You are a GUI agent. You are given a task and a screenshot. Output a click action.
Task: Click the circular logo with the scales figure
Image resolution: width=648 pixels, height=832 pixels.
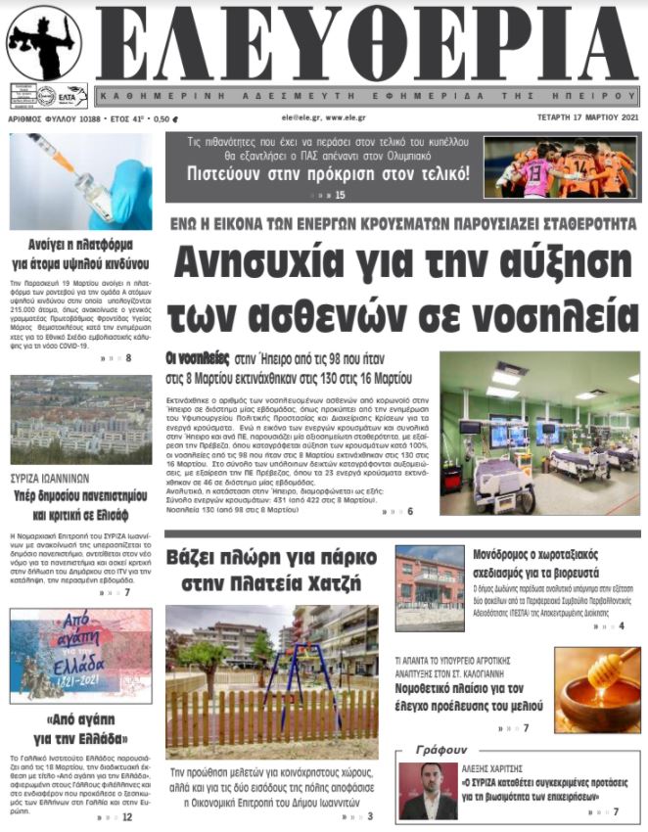44,44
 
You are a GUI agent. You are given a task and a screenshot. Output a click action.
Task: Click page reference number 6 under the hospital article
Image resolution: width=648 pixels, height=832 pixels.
409,512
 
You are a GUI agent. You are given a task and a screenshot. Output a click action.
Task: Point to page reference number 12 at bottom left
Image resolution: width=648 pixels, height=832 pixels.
127,817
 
